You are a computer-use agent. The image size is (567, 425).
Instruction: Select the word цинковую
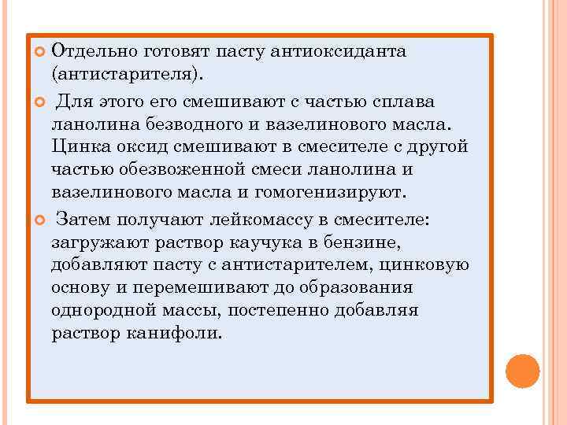[425, 264]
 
